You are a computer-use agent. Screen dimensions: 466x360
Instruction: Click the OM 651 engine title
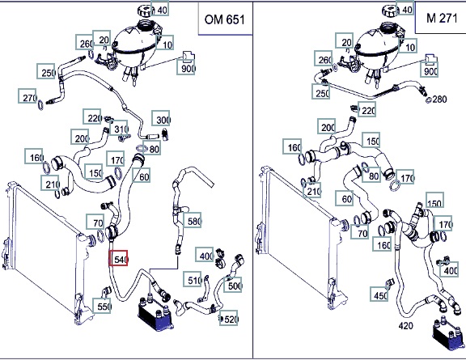click(225, 19)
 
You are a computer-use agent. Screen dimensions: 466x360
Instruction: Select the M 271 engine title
click(442, 18)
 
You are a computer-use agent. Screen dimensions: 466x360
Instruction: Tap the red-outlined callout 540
click(119, 258)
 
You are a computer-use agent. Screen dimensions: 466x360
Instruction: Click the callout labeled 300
click(161, 118)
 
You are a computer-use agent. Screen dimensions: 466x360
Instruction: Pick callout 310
click(119, 128)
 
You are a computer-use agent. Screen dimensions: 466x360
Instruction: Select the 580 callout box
click(193, 220)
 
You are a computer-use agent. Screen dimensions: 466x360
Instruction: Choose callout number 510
click(193, 279)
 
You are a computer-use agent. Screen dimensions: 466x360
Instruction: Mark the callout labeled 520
click(229, 318)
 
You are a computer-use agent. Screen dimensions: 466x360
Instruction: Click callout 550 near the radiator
click(102, 305)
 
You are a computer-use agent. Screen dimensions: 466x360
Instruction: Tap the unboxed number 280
click(439, 99)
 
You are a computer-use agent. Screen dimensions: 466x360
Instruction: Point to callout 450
click(379, 294)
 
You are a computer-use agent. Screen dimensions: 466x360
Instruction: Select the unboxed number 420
click(405, 326)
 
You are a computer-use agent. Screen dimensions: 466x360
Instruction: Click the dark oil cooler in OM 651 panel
click(155, 314)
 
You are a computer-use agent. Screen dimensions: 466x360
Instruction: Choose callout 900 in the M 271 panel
click(429, 70)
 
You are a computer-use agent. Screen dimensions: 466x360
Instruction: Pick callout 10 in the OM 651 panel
click(165, 43)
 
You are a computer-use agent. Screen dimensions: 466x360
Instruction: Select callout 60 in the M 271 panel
click(345, 197)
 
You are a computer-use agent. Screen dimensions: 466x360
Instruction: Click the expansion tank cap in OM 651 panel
click(146, 11)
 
